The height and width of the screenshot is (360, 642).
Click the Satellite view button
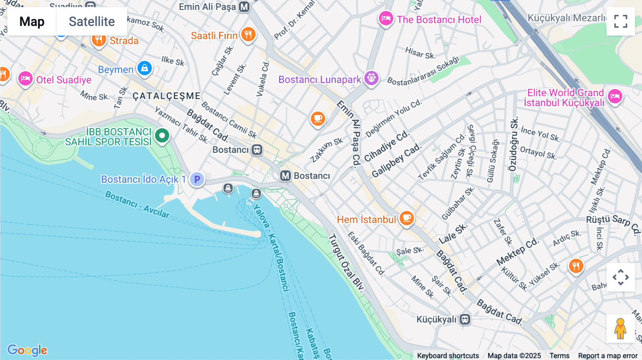pyautogui.click(x=92, y=21)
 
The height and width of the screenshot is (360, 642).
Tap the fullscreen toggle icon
pyautogui.click(x=621, y=21)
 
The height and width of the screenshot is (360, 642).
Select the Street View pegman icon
pyautogui.click(x=621, y=328)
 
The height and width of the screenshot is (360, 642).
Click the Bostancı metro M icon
pyautogui.click(x=285, y=176)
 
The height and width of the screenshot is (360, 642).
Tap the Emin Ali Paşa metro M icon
pyautogui.click(x=244, y=7)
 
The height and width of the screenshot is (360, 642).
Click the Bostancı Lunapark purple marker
pyautogui.click(x=371, y=78)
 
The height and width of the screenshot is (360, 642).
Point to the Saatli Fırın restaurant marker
pyautogui.click(x=248, y=34)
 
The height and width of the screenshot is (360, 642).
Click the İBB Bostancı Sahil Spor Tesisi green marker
pyautogui.click(x=162, y=135)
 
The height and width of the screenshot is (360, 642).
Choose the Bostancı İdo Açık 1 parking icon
pyautogui.click(x=197, y=179)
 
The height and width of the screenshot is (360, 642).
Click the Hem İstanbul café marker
pyautogui.click(x=407, y=217)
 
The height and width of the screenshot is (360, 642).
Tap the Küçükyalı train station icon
pyautogui.click(x=465, y=319)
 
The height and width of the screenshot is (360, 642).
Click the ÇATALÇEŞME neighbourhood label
pyautogui.click(x=167, y=96)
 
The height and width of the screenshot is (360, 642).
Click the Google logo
pyautogui.click(x=27, y=350)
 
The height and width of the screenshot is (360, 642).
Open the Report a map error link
pyautogui.click(x=608, y=356)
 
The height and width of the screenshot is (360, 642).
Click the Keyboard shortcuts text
pyautogui.click(x=448, y=356)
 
